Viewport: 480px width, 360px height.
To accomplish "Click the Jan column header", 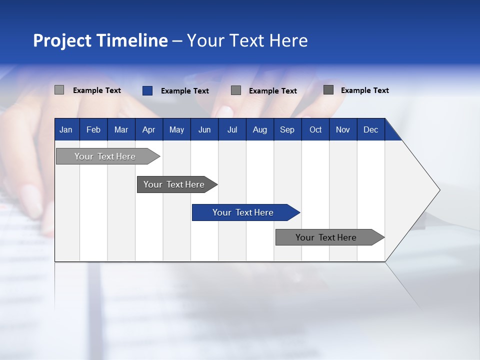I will pos(66,129).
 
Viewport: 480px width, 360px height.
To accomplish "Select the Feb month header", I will pos(93,129).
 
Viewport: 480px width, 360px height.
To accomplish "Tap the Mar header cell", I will pos(121,129).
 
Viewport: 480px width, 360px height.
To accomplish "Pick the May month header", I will pos(176,129).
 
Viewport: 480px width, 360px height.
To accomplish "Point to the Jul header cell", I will pos(232,129).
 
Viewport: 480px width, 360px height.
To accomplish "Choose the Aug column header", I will pos(259,129).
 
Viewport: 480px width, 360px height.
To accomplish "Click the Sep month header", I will pos(287,129).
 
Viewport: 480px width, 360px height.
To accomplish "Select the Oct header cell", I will pos(315,129).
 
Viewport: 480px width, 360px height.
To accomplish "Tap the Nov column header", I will pos(343,129).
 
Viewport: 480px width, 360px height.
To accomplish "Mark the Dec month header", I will pos(370,129).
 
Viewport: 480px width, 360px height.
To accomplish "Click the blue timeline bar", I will pos(243,212).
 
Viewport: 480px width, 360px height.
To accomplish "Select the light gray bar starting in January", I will pos(105,156).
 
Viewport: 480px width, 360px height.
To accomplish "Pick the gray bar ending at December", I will pos(326,237).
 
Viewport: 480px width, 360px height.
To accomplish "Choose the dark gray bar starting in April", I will pos(174,184).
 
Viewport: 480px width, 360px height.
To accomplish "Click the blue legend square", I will pos(147,90).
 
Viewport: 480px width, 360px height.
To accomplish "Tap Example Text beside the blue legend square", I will pos(185,91).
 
